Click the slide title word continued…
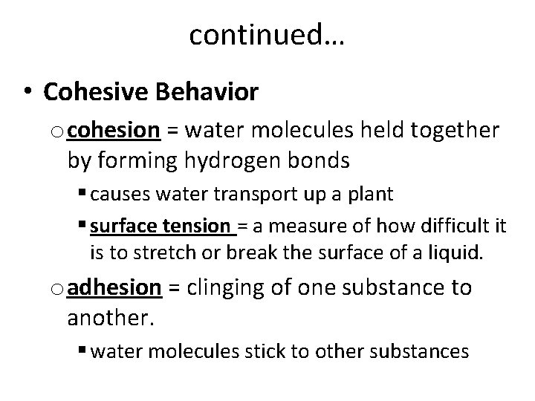click(267, 33)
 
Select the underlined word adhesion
click(114, 287)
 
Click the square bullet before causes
click(81, 195)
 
